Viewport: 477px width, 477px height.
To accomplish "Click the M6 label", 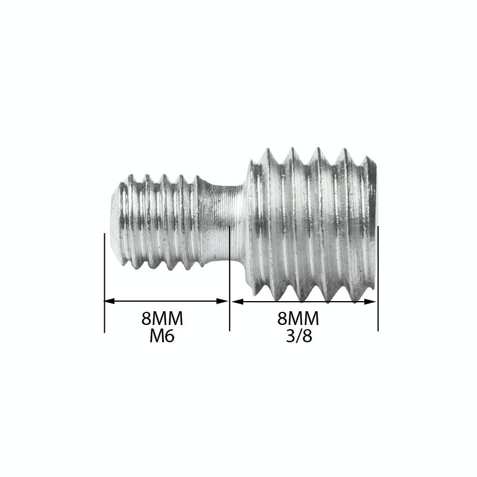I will [x=162, y=336].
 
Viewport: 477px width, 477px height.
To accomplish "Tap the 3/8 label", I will [x=299, y=336].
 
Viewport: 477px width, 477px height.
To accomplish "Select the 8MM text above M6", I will [x=162, y=319].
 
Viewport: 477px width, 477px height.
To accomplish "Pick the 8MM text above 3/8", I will [x=299, y=318].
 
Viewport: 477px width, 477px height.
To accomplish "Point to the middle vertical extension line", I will [x=230, y=280].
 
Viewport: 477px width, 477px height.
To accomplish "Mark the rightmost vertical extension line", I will [x=378, y=280].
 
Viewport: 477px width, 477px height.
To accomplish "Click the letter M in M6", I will [x=156, y=336].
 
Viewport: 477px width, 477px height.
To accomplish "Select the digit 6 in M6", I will [x=169, y=336].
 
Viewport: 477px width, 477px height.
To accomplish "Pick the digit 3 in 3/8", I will [x=290, y=336].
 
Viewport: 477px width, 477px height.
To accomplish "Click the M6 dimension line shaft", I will [x=166, y=301].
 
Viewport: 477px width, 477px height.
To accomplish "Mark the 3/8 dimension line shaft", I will [x=304, y=302].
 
